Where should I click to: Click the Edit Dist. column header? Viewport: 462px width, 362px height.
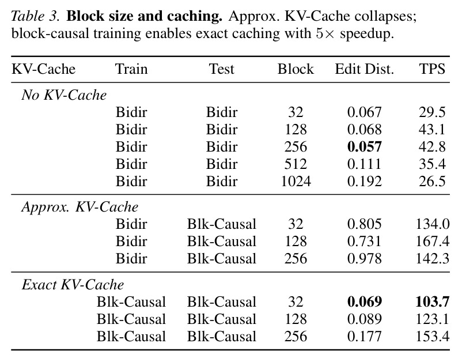pos(365,69)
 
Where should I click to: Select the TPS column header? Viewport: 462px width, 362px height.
pos(432,69)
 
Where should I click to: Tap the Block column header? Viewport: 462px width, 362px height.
pos(296,69)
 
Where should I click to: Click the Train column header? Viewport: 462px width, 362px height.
pos(131,69)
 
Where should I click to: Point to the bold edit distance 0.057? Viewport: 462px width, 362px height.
pos(365,147)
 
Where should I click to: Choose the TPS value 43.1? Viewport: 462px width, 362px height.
pos(432,130)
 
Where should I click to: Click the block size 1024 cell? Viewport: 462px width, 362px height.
pos(296,182)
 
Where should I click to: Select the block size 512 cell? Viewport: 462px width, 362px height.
pos(296,164)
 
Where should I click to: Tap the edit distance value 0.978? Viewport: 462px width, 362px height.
pos(365,259)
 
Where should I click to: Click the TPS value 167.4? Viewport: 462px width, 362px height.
pos(433,242)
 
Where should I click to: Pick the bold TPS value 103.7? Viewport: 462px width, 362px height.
pos(433,302)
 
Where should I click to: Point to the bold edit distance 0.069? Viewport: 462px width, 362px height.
pos(365,302)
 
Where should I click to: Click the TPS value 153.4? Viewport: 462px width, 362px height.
pos(433,337)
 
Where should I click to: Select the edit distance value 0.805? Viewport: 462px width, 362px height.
pos(365,224)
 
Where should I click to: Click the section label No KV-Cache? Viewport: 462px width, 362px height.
pos(64,95)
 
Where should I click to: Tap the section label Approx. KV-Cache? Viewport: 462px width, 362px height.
pos(80,207)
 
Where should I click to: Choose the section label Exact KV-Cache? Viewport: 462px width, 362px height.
pos(73,285)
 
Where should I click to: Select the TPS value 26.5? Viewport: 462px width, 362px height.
pos(432,182)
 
